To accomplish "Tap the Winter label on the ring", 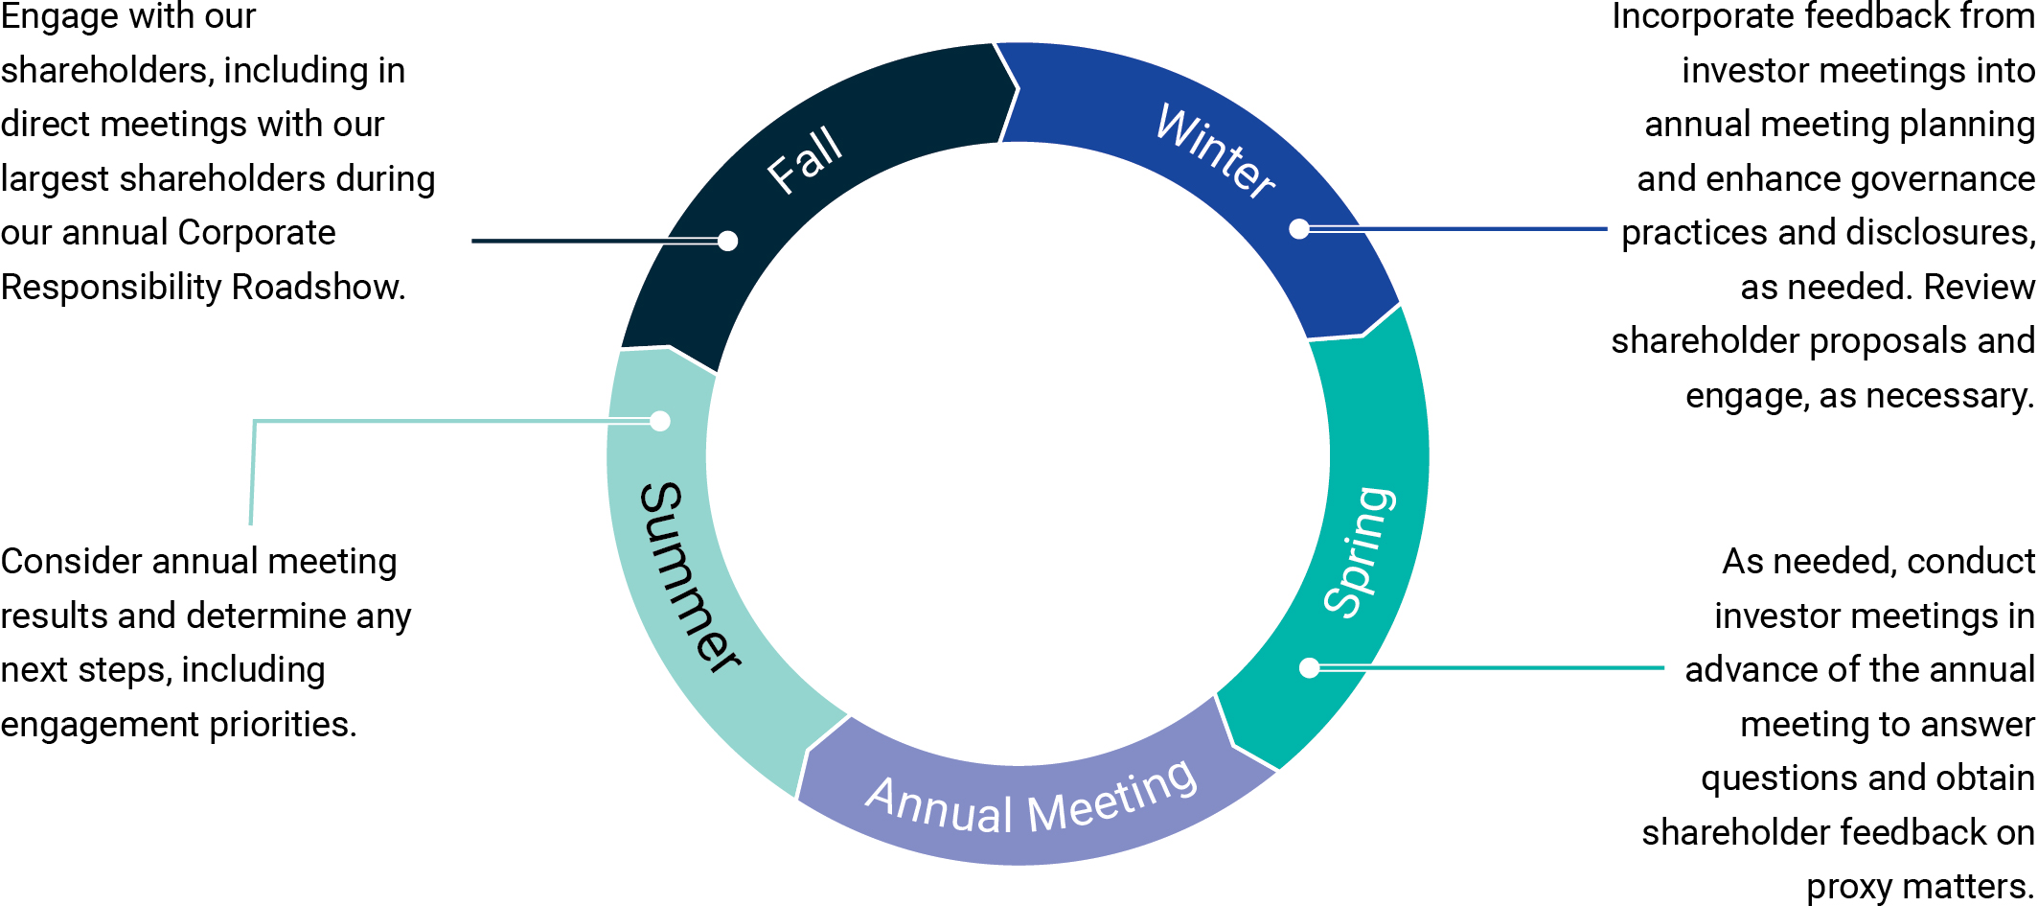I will coord(1216,151).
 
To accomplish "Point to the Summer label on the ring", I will coord(687,576).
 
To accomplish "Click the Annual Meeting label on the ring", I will coord(1031,800).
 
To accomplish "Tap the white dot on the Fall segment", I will coord(727,241).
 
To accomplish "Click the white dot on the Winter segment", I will coord(1299,229).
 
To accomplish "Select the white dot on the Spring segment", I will coord(1310,668).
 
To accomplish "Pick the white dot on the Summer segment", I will coord(660,421).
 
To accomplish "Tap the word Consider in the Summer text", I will coord(72,562).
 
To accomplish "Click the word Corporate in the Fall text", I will coord(257,233).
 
